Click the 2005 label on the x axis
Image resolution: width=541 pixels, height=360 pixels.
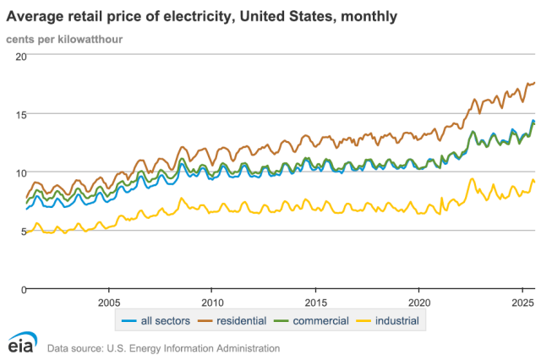click(109, 302)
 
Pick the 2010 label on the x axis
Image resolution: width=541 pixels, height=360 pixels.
click(212, 302)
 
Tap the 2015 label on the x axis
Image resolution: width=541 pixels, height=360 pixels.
click(316, 302)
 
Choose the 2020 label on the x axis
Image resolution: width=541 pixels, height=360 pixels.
click(420, 302)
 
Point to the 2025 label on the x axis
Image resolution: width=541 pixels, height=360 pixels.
click(523, 302)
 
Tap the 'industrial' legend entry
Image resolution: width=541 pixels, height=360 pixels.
click(387, 320)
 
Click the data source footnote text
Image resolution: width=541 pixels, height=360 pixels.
click(163, 347)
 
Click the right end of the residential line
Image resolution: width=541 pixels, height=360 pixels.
click(535, 83)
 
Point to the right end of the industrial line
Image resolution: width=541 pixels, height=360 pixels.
click(535, 183)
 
